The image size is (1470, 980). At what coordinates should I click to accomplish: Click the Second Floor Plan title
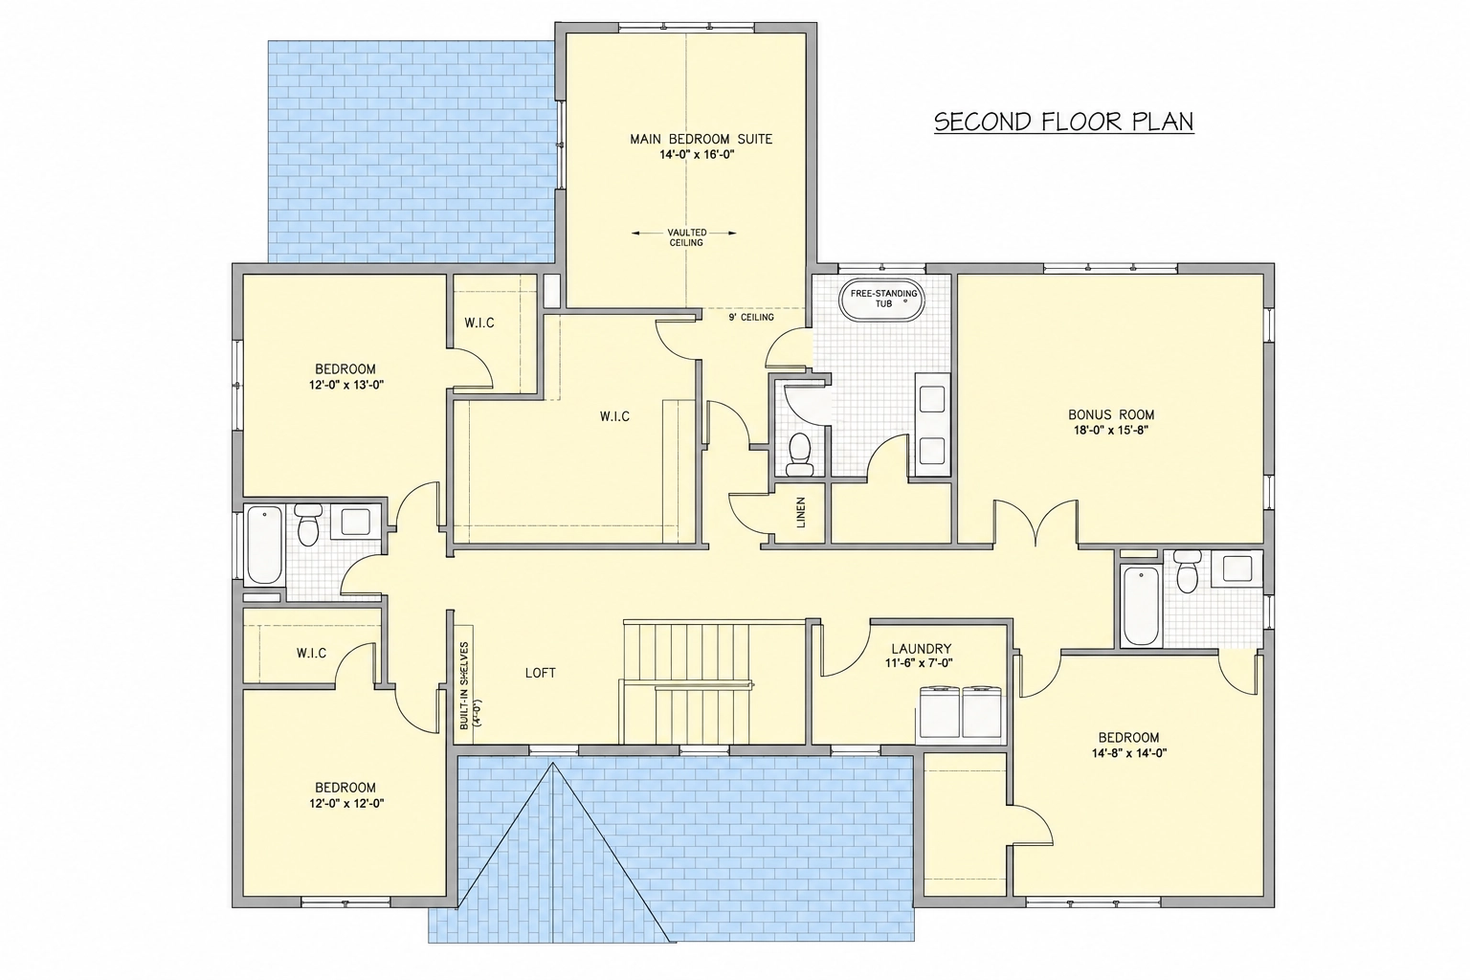[1064, 122]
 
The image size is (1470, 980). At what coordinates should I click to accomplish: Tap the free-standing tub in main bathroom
[882, 301]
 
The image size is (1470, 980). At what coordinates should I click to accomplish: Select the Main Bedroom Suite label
[701, 139]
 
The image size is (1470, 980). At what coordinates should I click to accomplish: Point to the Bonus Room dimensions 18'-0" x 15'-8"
[1111, 431]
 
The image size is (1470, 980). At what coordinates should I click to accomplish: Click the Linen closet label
[801, 513]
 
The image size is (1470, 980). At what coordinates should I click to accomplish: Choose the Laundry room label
[912, 649]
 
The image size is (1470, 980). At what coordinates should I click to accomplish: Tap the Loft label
[540, 673]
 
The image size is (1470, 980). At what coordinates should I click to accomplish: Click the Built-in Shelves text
[464, 686]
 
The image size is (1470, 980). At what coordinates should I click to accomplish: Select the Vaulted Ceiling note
[686, 237]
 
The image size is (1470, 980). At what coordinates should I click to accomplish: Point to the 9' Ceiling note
[750, 318]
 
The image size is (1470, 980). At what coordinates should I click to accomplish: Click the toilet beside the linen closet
[799, 454]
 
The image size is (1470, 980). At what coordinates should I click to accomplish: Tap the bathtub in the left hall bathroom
[264, 545]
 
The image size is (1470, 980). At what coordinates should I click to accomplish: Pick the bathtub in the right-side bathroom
[1141, 606]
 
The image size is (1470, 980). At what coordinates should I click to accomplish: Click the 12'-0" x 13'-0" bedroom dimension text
[345, 385]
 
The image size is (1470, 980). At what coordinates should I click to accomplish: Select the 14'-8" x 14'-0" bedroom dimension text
[1128, 753]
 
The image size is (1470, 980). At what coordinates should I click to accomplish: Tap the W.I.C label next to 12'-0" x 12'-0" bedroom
[311, 653]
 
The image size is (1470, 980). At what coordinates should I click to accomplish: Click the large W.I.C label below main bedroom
[614, 417]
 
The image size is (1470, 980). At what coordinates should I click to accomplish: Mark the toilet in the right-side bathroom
[1187, 571]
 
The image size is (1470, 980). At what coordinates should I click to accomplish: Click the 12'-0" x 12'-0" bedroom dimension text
[346, 804]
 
